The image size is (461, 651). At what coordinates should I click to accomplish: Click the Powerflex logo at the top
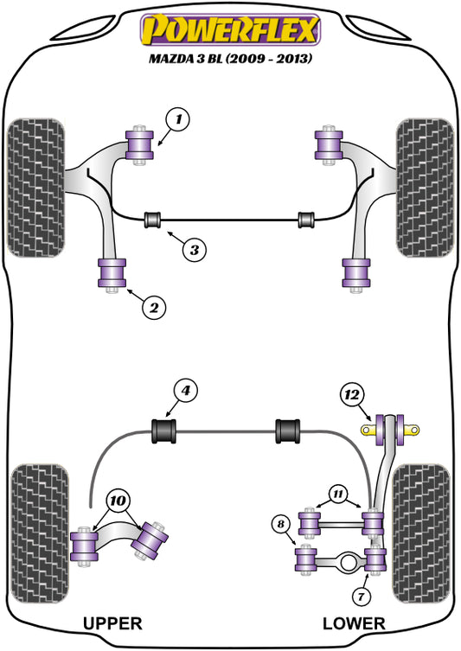(230, 31)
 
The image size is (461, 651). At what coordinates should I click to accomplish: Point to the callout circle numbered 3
(195, 251)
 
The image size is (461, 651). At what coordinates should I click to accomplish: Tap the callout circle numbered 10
(120, 501)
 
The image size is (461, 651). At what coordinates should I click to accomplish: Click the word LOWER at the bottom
(355, 622)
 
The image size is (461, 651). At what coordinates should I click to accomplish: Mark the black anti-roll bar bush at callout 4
(163, 429)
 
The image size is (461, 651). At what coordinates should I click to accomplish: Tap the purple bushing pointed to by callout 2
(113, 274)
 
